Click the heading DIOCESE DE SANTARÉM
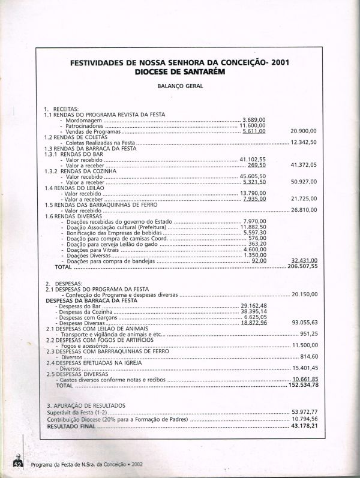pyautogui.click(x=180, y=71)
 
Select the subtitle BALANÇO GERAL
pyautogui.click(x=180, y=86)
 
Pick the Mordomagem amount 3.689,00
pyautogui.click(x=254, y=120)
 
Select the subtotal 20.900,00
pyautogui.click(x=304, y=131)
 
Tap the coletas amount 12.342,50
pyautogui.click(x=304, y=142)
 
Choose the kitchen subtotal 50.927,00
pyautogui.click(x=304, y=181)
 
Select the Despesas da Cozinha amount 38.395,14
pyautogui.click(x=254, y=312)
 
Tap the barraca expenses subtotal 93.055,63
pyautogui.click(x=304, y=323)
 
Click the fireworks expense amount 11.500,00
pyautogui.click(x=304, y=345)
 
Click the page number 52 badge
pyautogui.click(x=19, y=464)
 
